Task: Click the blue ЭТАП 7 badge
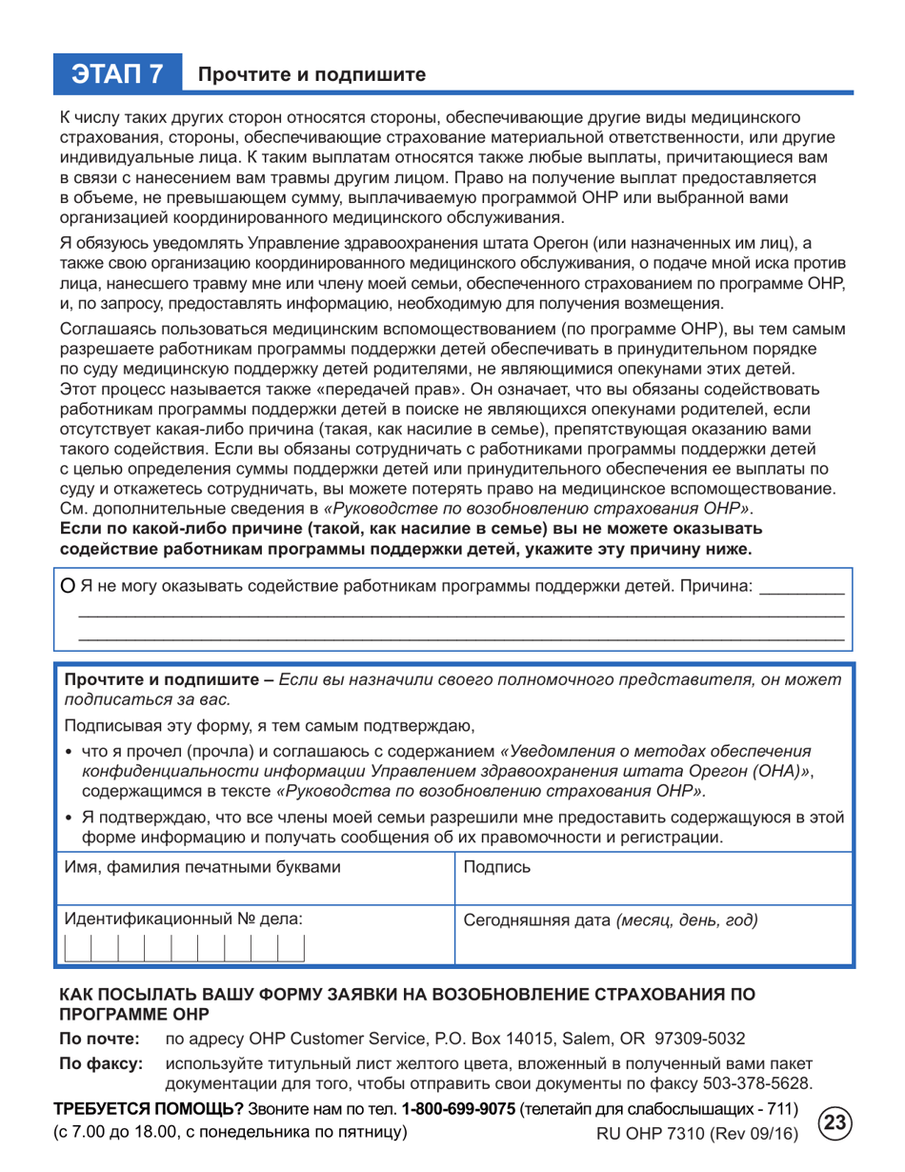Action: point(118,72)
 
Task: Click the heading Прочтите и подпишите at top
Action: point(311,74)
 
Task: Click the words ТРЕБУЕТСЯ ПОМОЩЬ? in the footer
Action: point(149,1110)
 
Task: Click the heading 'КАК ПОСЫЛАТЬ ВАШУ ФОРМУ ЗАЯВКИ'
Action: point(410,995)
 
